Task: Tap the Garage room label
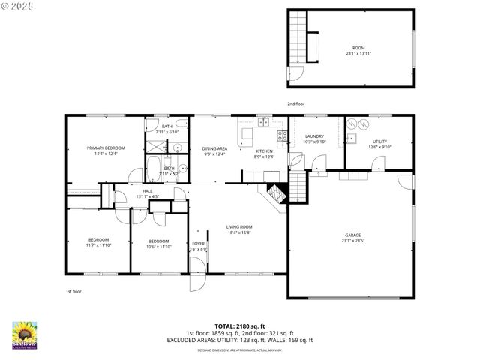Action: [352, 235]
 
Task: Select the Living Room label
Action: [239, 226]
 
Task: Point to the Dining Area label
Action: [214, 148]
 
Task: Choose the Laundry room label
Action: [314, 136]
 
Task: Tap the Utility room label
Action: [379, 141]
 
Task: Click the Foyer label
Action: [198, 244]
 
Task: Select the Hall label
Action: [148, 191]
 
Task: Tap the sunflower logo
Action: [24, 335]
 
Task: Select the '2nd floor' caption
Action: [295, 103]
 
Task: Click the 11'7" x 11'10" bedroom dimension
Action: [98, 245]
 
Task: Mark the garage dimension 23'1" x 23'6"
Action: [352, 240]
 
